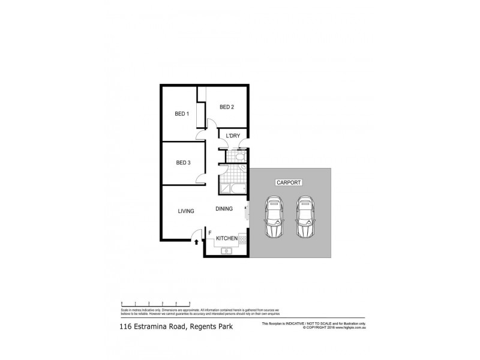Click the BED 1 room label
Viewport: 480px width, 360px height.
click(x=182, y=114)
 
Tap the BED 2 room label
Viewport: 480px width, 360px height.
click(x=226, y=107)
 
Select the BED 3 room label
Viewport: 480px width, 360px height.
click(x=183, y=163)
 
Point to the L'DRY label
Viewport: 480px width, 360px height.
click(x=233, y=136)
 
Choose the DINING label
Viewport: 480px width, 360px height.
click(x=224, y=209)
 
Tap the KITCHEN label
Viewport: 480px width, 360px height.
click(x=227, y=239)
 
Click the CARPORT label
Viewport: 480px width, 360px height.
click(x=289, y=182)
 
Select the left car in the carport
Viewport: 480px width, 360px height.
click(x=274, y=217)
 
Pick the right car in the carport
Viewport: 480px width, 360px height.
click(x=305, y=217)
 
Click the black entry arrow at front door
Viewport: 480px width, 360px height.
click(x=196, y=241)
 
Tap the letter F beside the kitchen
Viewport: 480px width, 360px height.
click(x=209, y=231)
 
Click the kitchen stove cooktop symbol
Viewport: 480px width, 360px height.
click(x=243, y=241)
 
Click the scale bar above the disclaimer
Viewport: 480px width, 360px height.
click(x=156, y=303)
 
